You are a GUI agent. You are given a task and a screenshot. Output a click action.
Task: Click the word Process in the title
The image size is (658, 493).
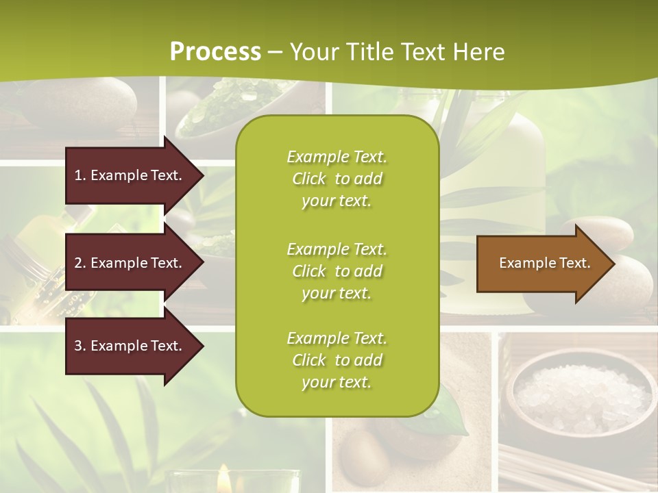click(215, 52)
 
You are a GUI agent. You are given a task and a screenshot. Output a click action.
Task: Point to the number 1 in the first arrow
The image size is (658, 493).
click(78, 175)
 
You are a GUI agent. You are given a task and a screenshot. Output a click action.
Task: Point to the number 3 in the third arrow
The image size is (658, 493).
click(78, 346)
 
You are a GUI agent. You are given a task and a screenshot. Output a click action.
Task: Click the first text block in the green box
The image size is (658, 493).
click(337, 179)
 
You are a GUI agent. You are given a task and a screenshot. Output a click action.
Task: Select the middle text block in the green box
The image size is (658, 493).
click(337, 270)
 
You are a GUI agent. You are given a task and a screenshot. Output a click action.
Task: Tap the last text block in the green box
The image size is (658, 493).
click(337, 360)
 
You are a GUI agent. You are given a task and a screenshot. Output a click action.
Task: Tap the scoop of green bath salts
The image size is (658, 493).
click(212, 110)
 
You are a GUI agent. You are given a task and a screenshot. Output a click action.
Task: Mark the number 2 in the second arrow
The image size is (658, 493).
click(78, 263)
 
